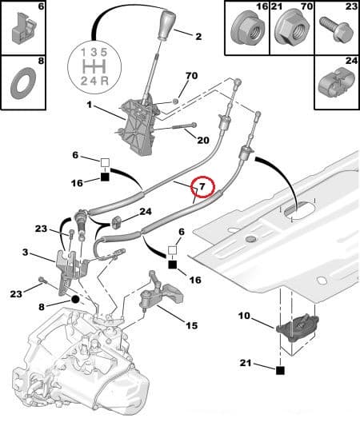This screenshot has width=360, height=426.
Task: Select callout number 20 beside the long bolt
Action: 202,139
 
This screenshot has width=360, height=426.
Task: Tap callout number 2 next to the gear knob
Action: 198,36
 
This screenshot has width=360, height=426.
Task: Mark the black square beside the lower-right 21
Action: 280,370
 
